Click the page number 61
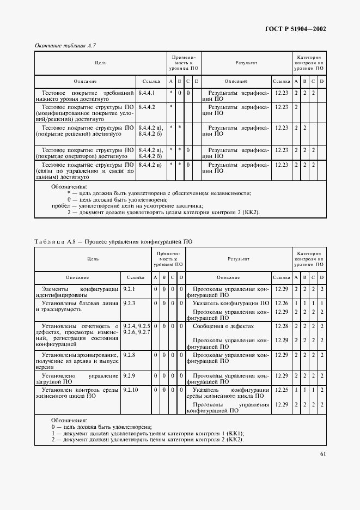pos(323,453)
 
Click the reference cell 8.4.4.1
pos(147,93)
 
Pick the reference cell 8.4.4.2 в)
pos(150,164)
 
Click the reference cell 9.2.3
pos(129,302)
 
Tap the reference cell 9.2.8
pos(129,355)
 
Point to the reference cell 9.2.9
pos(129,375)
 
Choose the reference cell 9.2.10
pos(131,390)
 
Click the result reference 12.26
pos(281,303)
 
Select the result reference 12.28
pos(281,325)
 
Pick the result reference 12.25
pos(281,390)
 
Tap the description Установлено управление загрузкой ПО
pos(76,379)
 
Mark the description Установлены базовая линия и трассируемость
pos(76,306)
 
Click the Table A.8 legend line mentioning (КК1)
pos(147,433)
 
